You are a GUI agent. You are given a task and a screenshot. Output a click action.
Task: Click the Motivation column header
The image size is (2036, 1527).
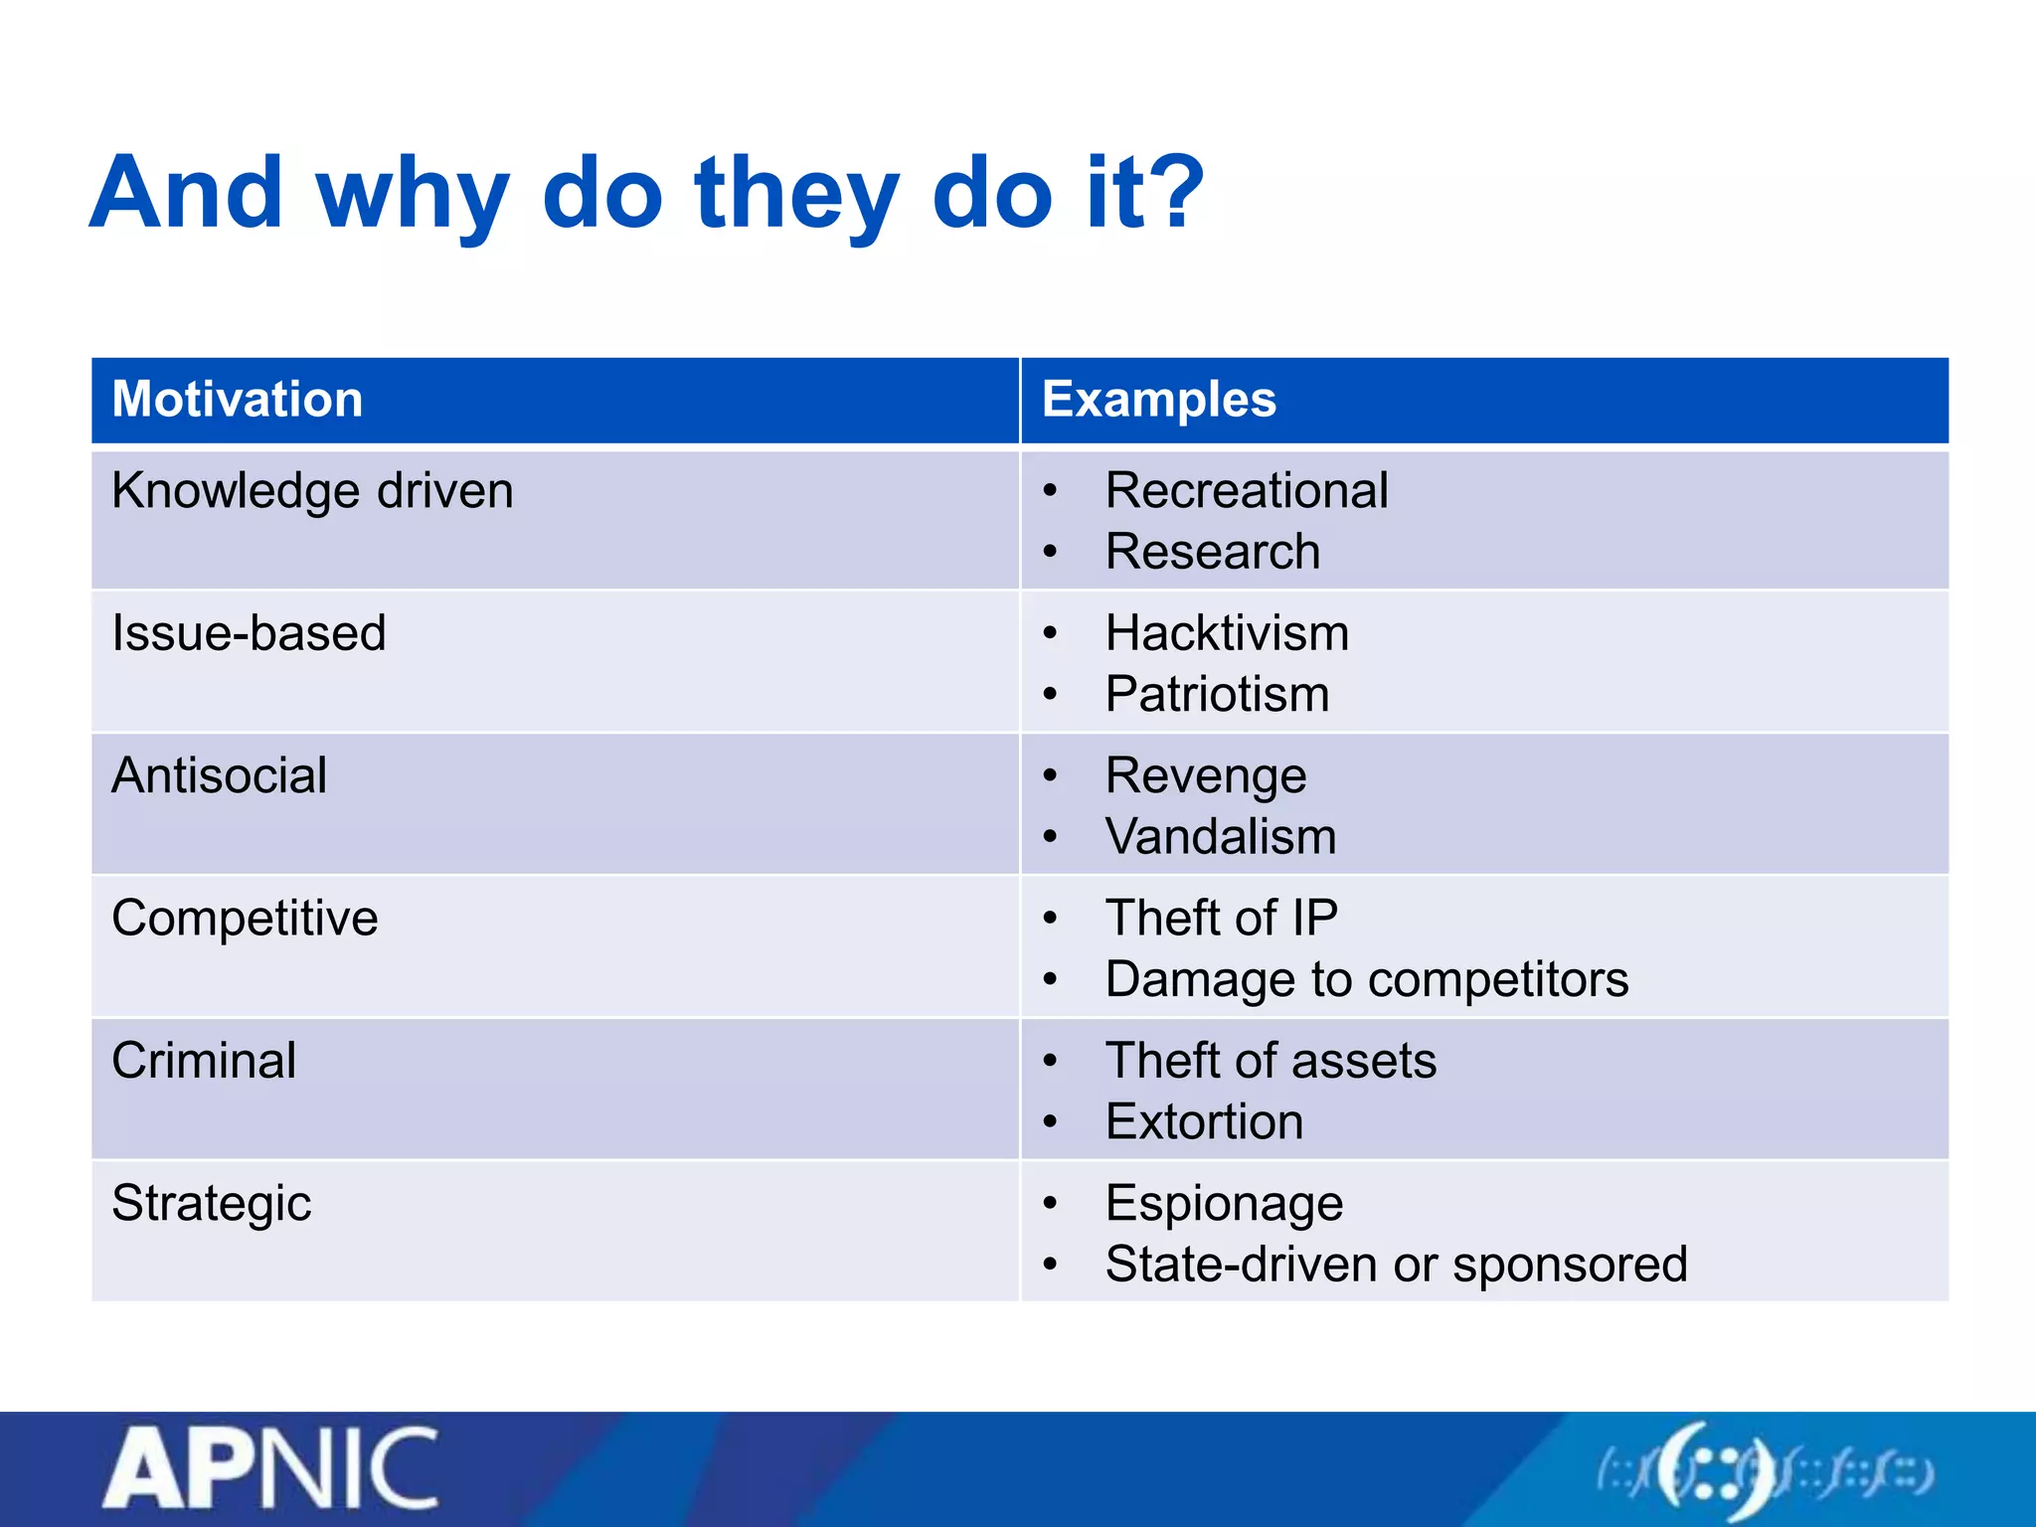pyautogui.click(x=237, y=400)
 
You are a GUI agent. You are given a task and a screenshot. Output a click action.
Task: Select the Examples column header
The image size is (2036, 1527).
pyautogui.click(x=1158, y=400)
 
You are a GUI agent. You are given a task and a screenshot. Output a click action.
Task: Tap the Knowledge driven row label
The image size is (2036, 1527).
pyautogui.click(x=312, y=491)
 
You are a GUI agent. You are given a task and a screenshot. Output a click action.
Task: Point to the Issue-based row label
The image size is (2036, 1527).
pyautogui.click(x=249, y=633)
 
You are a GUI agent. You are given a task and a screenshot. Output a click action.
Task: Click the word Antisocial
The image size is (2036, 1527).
pyautogui.click(x=219, y=775)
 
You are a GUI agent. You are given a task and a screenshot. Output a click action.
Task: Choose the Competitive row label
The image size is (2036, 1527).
pyautogui.click(x=245, y=918)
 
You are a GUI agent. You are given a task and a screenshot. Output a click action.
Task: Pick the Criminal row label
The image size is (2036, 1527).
pyautogui.click(x=204, y=1061)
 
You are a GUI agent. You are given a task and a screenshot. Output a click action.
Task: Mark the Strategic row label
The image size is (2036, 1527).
pyautogui.click(x=211, y=1203)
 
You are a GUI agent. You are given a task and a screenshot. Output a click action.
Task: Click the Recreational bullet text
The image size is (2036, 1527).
pyautogui.click(x=1247, y=491)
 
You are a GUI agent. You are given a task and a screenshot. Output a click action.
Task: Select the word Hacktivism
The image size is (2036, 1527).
pyautogui.click(x=1228, y=633)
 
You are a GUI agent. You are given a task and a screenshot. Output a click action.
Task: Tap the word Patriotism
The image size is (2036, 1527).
pyautogui.click(x=1218, y=694)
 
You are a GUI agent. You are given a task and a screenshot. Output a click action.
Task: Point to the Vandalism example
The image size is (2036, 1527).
pyautogui.click(x=1221, y=837)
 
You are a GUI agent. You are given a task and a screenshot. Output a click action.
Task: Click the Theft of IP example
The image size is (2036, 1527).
pyautogui.click(x=1222, y=918)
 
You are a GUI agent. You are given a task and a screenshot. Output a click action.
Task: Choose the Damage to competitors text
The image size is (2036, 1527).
pyautogui.click(x=1367, y=979)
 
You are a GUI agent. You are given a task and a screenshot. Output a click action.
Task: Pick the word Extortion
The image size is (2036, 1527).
pyautogui.click(x=1204, y=1122)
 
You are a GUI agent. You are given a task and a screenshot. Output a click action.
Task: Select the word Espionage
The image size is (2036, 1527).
pyautogui.click(x=1224, y=1203)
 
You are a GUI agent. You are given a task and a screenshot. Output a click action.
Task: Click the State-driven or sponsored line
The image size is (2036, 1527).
pyautogui.click(x=1396, y=1265)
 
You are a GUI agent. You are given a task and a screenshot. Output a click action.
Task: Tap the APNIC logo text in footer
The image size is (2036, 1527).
pyautogui.click(x=271, y=1469)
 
